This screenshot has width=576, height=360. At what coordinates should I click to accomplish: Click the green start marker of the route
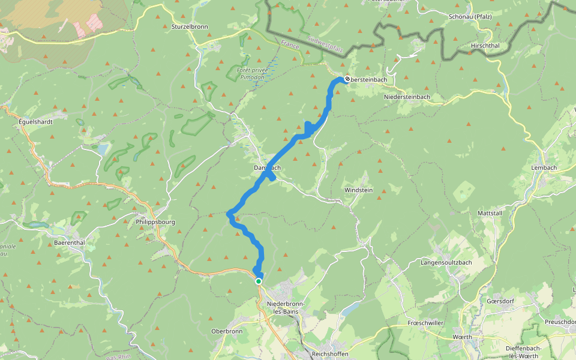tap(259, 281)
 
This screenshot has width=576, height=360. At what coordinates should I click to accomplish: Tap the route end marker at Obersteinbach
tap(347, 79)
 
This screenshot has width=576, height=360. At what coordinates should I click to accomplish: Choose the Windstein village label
tap(358, 190)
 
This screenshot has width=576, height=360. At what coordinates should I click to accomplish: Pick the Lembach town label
tap(544, 168)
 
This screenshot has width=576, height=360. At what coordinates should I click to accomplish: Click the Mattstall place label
tap(489, 213)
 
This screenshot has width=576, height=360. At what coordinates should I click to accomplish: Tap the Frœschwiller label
tap(425, 322)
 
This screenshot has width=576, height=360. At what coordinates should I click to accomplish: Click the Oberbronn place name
tap(227, 331)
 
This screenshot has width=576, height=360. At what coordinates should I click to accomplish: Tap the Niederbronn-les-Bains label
tap(286, 308)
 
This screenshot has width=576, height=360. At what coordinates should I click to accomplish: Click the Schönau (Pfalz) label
tap(470, 17)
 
